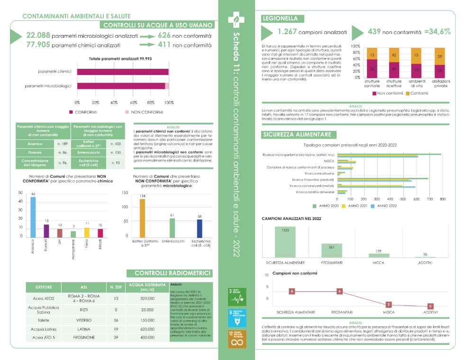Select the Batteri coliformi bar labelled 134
(x=142, y=218)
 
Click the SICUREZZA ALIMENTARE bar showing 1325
(x=285, y=242)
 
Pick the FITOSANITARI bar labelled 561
(x=332, y=250)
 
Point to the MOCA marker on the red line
(x=389, y=305)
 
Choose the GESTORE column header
(x=43, y=287)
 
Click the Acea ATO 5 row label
(x=43, y=338)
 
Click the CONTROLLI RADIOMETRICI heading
(x=172, y=273)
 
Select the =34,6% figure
(x=437, y=32)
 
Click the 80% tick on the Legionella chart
(x=355, y=52)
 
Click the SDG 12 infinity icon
(x=237, y=340)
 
